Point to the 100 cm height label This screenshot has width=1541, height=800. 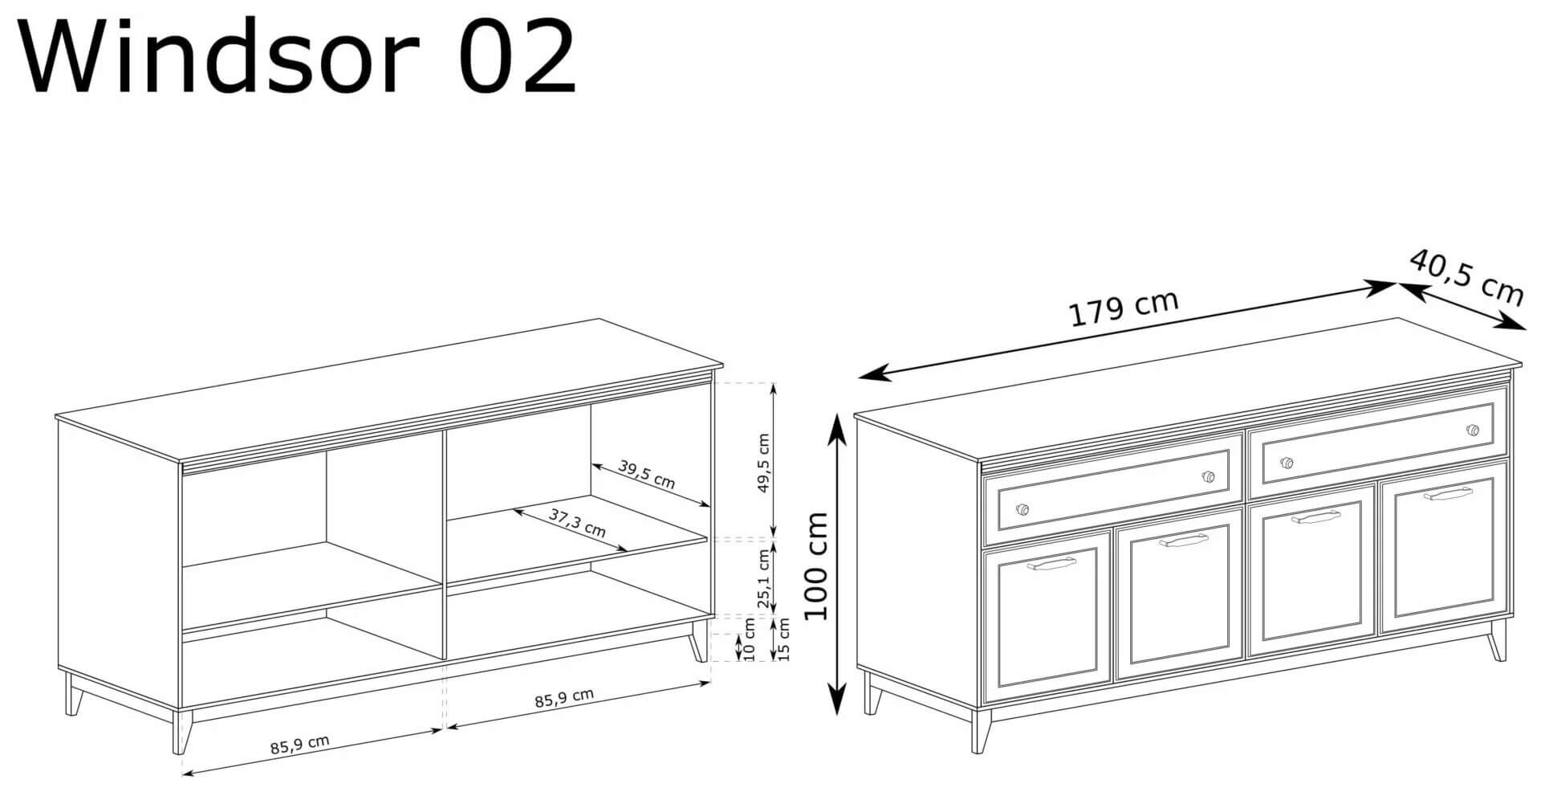[x=815, y=565]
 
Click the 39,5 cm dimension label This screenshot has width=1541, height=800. [x=647, y=474]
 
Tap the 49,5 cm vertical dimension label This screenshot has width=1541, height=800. [x=762, y=463]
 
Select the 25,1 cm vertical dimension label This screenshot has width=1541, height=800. [x=762, y=578]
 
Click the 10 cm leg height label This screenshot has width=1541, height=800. [x=750, y=640]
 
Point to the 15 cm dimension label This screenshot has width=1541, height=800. [x=784, y=639]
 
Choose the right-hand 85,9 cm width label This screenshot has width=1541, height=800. [x=564, y=698]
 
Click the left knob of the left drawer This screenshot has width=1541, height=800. [x=1022, y=509]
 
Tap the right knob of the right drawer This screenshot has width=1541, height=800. [x=1472, y=430]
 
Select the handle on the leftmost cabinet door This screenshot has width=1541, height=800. [x=1050, y=564]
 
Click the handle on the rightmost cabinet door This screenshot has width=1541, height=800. [x=1449, y=494]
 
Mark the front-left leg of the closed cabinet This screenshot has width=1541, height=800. [x=980, y=731]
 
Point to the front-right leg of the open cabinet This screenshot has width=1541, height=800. [x=699, y=641]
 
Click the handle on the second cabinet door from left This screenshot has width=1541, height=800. [x=1183, y=541]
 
